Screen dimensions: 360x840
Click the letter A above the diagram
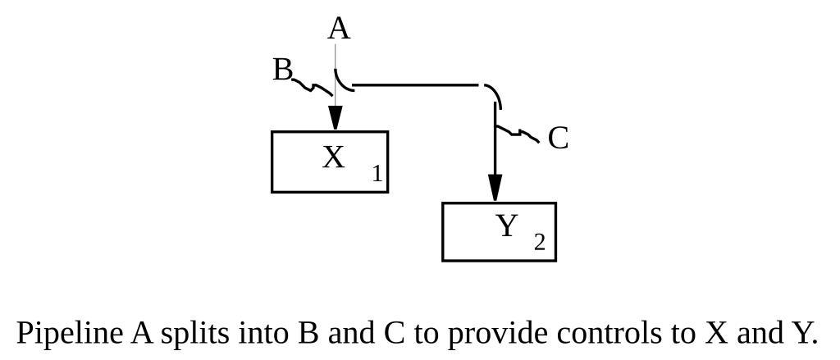(339, 29)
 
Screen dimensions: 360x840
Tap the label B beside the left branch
(282, 71)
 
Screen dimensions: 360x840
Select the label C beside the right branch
(558, 139)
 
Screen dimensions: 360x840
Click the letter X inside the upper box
(333, 157)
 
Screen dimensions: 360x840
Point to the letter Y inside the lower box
(507, 226)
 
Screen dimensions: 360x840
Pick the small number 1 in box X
(377, 174)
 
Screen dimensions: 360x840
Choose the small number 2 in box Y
(539, 243)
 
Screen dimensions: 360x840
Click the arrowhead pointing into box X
(335, 116)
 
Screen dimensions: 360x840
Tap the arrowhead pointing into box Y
(495, 188)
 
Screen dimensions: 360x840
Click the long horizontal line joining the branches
(414, 84)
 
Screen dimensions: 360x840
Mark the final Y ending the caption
(801, 334)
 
